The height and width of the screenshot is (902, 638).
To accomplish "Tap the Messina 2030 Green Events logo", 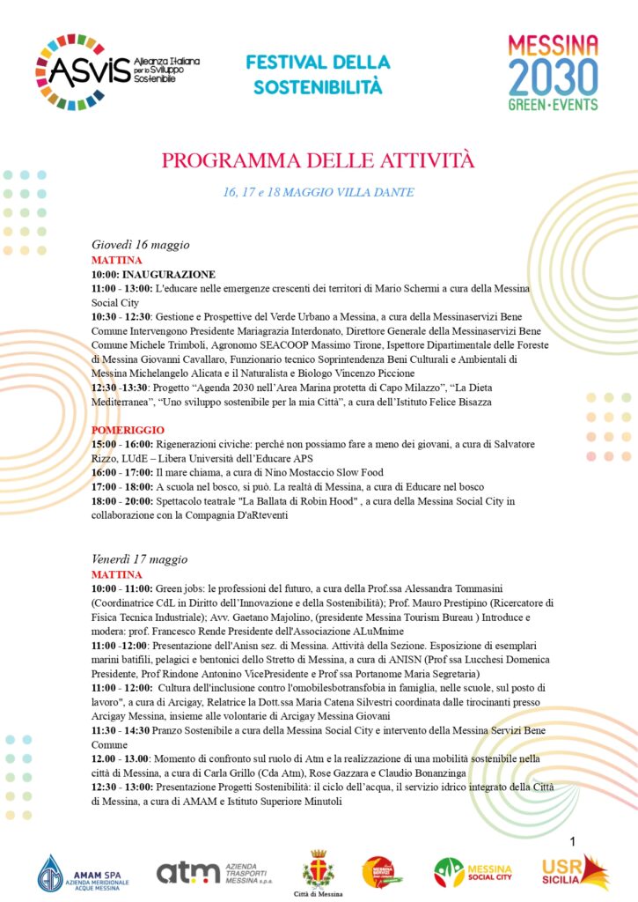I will tap(554, 72).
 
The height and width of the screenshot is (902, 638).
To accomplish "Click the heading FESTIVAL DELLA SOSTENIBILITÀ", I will tap(318, 75).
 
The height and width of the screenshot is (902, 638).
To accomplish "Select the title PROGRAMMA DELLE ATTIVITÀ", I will tap(318, 160).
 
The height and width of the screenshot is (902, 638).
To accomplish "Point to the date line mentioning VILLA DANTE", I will tap(318, 192).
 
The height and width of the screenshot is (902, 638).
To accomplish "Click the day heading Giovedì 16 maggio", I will tap(141, 244).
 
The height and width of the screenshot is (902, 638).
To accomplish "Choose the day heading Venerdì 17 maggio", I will tap(139, 558).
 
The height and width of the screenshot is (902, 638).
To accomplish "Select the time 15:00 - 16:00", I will tap(121, 444).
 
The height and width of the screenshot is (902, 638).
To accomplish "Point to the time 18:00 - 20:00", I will tap(121, 500).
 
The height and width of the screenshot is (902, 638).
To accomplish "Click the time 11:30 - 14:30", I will tap(121, 730).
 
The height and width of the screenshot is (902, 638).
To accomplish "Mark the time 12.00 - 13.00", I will tap(121, 758).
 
